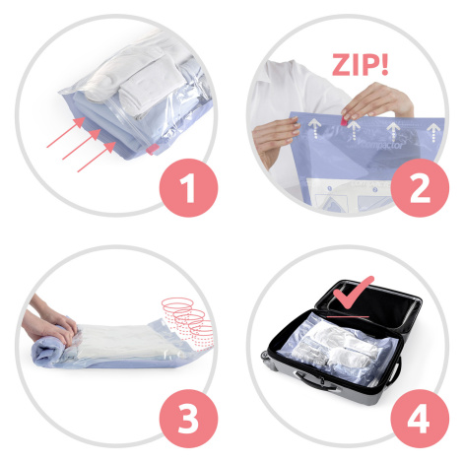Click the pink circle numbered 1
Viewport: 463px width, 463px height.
188,188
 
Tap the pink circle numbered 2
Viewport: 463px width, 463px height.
420,188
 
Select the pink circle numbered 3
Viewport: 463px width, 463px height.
188,419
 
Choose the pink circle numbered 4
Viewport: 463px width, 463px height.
420,419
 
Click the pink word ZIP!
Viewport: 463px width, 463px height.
361,65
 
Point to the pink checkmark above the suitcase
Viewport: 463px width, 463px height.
354,293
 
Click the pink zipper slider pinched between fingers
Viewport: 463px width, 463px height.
344,120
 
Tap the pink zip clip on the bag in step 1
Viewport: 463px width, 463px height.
152,150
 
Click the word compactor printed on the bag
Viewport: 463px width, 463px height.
381,145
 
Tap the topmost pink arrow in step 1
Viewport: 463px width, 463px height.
66,132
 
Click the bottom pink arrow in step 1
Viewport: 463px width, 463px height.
97,157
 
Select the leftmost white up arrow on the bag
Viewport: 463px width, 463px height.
314,128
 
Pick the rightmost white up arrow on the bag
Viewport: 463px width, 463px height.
433,133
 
